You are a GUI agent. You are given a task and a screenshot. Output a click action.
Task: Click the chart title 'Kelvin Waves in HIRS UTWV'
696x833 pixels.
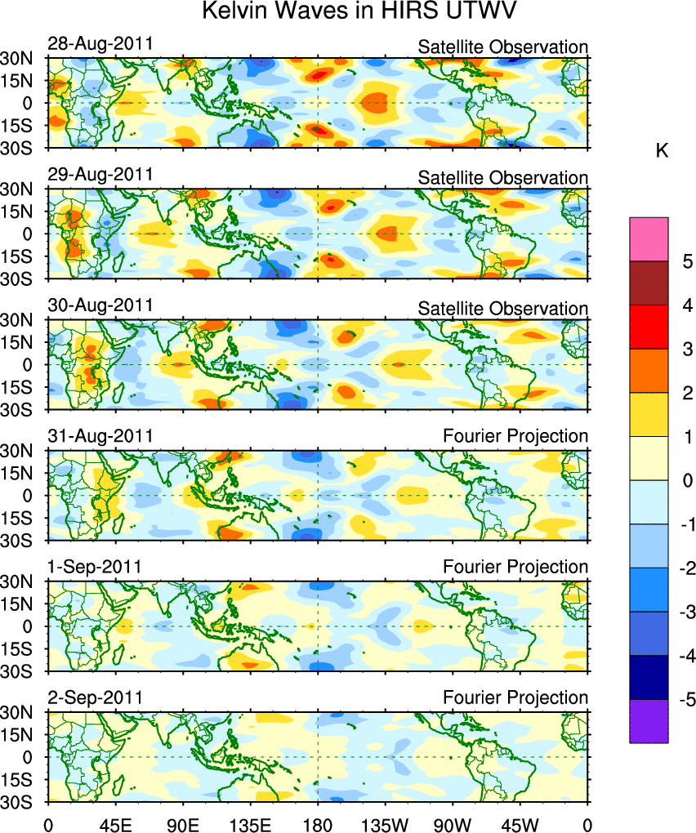pos(348,13)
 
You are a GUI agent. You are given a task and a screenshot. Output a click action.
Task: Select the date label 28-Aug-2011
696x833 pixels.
pos(100,44)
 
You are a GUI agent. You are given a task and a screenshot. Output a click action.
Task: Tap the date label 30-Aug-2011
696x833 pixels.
pos(100,305)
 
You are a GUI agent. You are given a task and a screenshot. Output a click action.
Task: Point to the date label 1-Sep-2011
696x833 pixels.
pos(96,567)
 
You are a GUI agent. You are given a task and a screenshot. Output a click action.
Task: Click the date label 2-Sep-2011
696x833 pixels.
pos(96,697)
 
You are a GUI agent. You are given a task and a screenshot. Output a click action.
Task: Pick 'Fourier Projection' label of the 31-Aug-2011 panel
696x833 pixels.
pos(515,437)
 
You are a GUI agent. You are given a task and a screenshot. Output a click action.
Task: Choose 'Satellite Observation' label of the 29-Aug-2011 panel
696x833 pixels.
pos(503,177)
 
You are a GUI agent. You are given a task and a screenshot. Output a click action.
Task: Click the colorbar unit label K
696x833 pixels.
pos(663,151)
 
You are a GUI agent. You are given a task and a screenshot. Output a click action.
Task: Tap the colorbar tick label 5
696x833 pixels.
pos(688,262)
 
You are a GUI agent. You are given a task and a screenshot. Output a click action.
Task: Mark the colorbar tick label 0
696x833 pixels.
pos(688,481)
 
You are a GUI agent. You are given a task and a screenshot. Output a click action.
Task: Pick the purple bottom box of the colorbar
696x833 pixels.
pos(649,721)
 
